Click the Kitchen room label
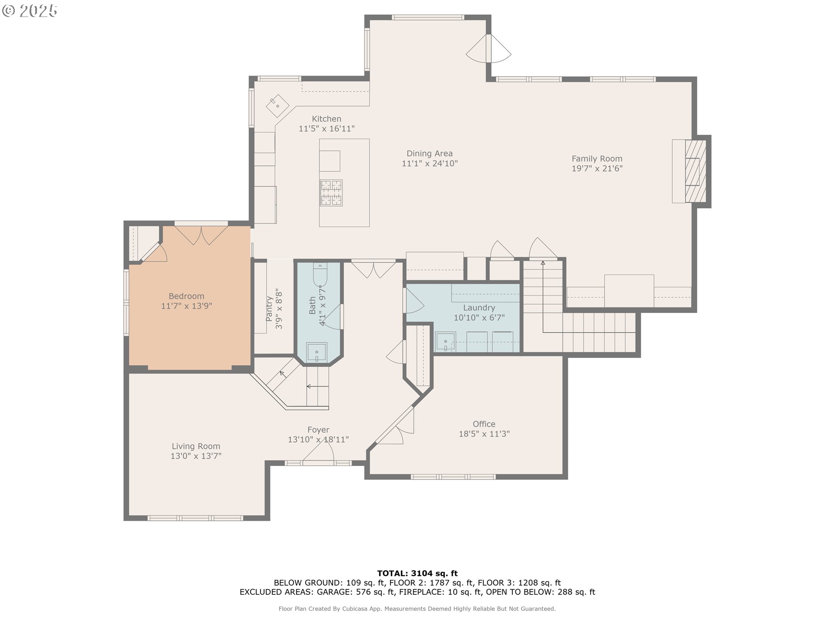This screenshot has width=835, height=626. pos(326,119)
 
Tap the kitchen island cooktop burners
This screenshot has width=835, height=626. pos(331,193)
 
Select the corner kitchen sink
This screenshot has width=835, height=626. pos(277,106)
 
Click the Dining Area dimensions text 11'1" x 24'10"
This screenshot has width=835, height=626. pos(429,163)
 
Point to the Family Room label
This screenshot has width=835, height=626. pos(597,159)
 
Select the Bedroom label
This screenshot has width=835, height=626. pos(186,296)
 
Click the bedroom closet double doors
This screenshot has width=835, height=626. pos(201,234)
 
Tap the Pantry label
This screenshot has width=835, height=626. pos(269,309)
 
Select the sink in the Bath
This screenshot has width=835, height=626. pos(317,352)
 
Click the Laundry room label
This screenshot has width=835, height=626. pos(479,307)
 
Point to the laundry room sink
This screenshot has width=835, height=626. pos(445,342)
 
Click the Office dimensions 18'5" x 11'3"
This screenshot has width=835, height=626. pos(484,434)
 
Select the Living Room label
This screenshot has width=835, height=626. pos(196,446)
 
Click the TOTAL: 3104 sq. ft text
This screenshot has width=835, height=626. pos(417,573)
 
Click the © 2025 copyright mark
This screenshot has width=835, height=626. pos(30,11)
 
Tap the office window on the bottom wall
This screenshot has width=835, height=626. pos(453,477)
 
